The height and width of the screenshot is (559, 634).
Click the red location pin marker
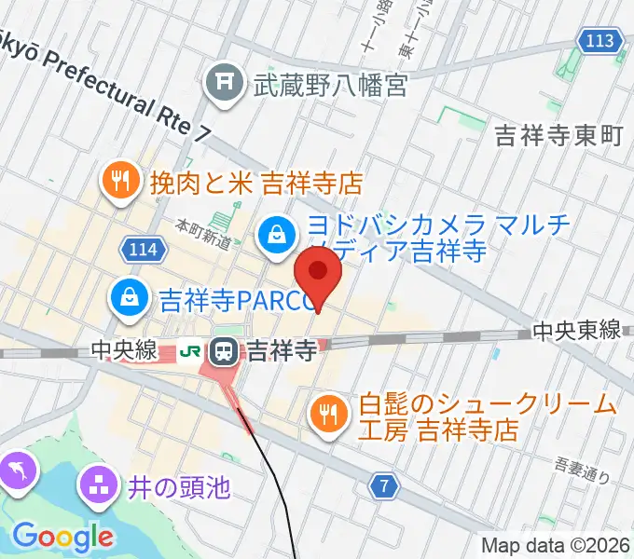pos(318,274)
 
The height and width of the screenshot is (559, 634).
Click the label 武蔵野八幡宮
pos(331,87)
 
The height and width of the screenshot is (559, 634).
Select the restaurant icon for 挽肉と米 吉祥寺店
pos(118,179)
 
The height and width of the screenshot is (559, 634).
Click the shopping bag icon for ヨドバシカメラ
pos(277,233)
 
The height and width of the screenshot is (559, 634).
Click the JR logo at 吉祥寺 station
pos(192,352)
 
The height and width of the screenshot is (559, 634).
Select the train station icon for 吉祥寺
pos(225,352)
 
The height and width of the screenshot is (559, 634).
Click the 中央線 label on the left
pos(122,351)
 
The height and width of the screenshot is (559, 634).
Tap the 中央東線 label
pos(577,330)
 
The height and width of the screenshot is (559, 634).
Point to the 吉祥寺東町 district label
pos(558,135)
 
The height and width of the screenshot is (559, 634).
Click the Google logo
pos(62,537)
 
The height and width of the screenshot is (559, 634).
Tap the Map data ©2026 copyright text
pos(556,545)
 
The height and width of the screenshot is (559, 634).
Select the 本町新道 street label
pos(202,233)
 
